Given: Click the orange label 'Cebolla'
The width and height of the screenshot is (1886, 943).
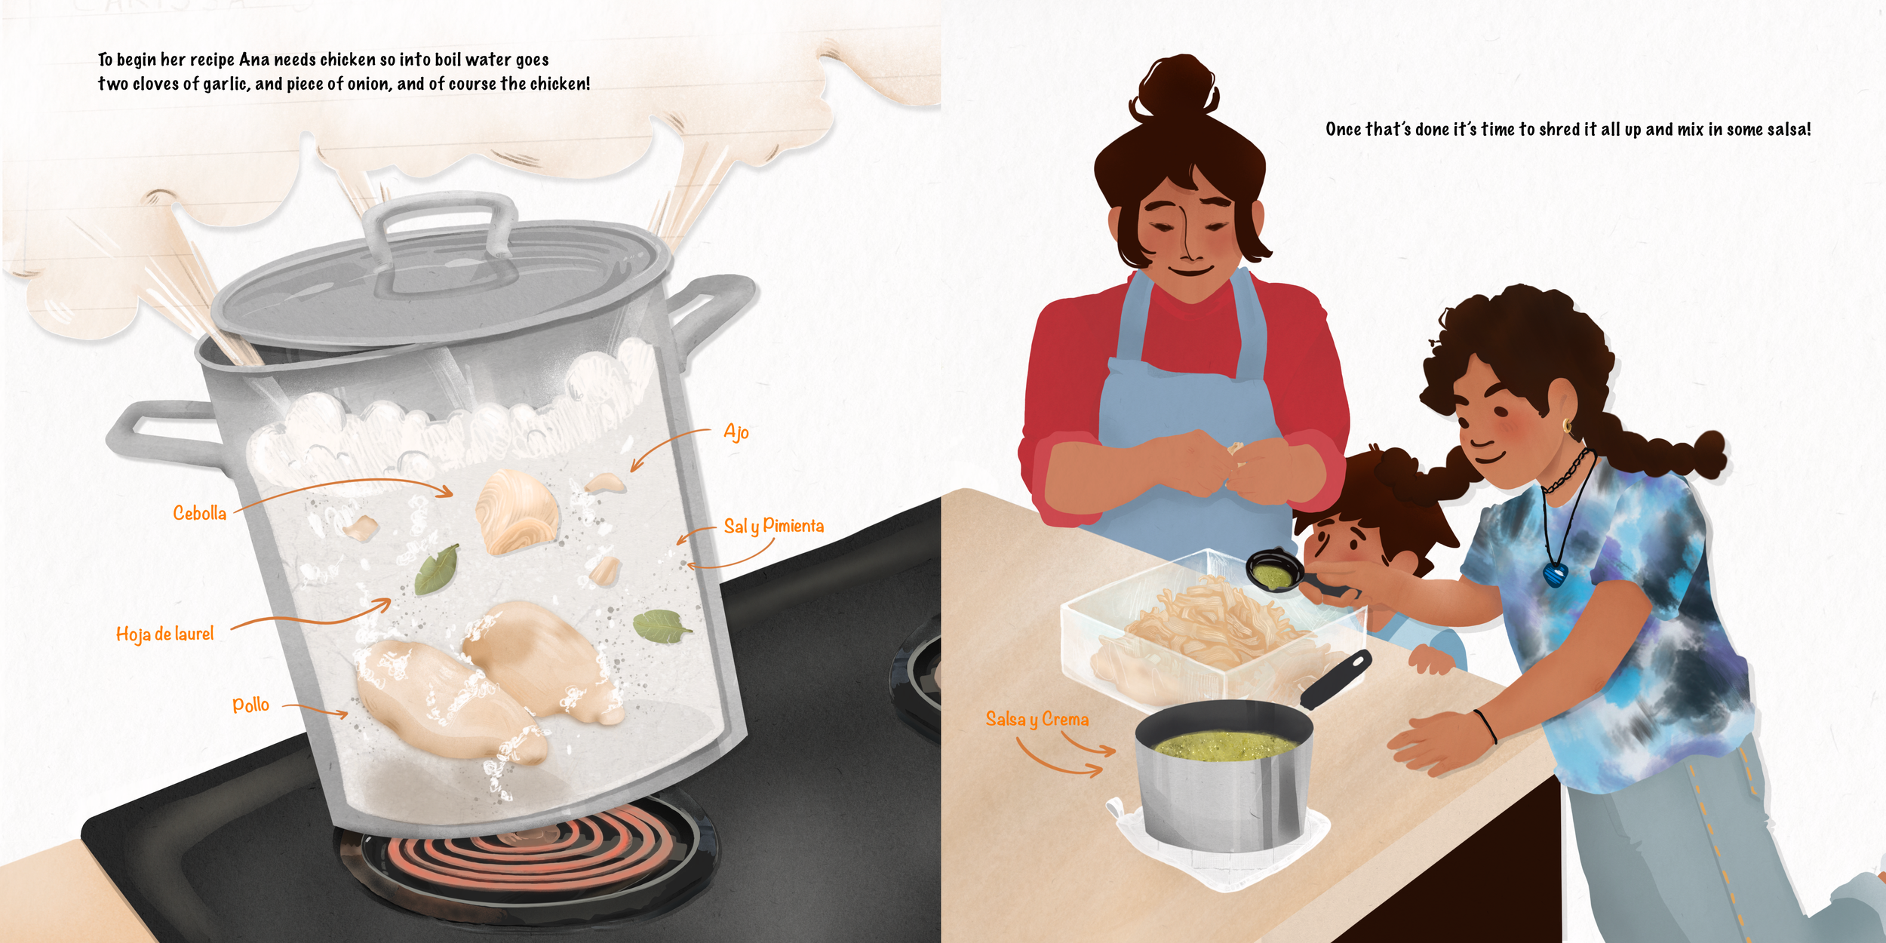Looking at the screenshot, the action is point(200,513).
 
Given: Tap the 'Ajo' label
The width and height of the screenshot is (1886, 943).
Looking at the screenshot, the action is point(736,432).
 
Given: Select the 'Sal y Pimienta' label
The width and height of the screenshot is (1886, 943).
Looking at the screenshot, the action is point(774,526).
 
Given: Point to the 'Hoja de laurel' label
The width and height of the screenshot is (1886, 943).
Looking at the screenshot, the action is point(165,634).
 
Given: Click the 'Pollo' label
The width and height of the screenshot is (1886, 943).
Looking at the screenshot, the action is point(250,705).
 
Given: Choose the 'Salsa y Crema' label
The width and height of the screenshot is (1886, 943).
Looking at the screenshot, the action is point(1037,719).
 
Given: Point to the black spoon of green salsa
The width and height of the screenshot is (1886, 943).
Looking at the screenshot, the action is point(1282,573).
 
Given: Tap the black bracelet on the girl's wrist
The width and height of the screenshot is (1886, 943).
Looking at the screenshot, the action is point(1486,726).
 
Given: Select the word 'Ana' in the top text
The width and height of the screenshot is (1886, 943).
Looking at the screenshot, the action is point(254,60).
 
